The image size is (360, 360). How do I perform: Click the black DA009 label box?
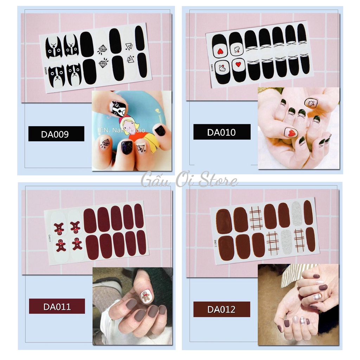(56, 134)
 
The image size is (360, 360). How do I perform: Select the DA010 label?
(222, 132)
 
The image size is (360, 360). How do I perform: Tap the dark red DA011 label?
(57, 306)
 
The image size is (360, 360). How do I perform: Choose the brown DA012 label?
(221, 309)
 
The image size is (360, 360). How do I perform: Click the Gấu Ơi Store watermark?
(189, 181)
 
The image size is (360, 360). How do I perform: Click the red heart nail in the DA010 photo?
(291, 132)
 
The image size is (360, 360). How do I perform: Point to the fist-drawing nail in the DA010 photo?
(311, 103)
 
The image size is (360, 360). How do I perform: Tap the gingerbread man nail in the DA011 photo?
(146, 296)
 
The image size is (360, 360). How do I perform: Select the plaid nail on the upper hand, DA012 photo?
(317, 297)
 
